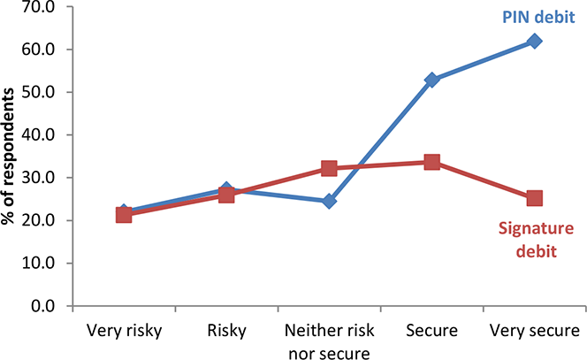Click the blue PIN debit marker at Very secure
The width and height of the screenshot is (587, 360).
(534, 42)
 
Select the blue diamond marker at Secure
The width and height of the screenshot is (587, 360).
(431, 80)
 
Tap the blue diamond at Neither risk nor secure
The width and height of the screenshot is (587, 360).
(329, 201)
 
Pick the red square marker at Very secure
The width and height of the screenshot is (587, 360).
(534, 198)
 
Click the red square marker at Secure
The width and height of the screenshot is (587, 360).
(431, 162)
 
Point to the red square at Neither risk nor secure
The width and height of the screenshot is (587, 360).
(329, 169)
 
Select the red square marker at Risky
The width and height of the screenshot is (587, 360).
(226, 195)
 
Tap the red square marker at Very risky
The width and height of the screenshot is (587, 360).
(124, 216)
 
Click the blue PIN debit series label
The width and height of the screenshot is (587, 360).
(538, 17)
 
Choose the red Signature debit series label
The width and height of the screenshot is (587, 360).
(536, 240)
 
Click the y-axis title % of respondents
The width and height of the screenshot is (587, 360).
(8, 157)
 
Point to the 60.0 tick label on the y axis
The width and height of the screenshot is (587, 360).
(38, 50)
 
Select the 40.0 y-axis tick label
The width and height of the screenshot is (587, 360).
(38, 134)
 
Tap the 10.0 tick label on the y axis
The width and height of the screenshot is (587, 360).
(38, 264)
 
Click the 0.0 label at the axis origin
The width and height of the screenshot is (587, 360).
(42, 306)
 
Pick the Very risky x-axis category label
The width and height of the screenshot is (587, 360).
(125, 331)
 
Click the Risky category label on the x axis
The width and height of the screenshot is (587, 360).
(227, 331)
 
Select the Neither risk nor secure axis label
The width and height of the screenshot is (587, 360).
(330, 341)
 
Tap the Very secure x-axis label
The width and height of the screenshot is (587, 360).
(535, 331)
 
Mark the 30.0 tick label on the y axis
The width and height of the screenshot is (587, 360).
(38, 178)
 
